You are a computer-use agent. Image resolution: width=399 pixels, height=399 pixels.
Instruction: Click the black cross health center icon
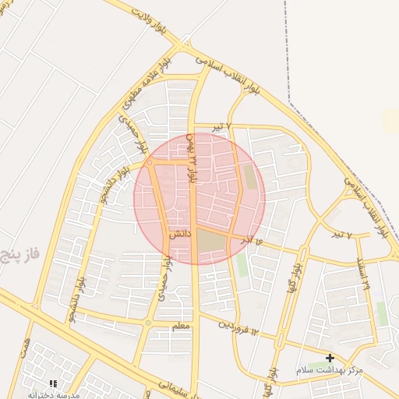click(330, 358)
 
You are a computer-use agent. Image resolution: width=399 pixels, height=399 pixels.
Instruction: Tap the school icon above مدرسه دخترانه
click(53, 383)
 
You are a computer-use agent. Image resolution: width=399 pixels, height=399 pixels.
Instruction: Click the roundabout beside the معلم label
click(148, 322)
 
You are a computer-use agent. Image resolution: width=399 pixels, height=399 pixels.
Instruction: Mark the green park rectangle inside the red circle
click(250, 176)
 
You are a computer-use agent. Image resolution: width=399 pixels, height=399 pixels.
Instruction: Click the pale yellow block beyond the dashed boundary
click(390, 120)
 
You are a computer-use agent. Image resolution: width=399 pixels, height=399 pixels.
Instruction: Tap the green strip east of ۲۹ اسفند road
click(381, 312)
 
